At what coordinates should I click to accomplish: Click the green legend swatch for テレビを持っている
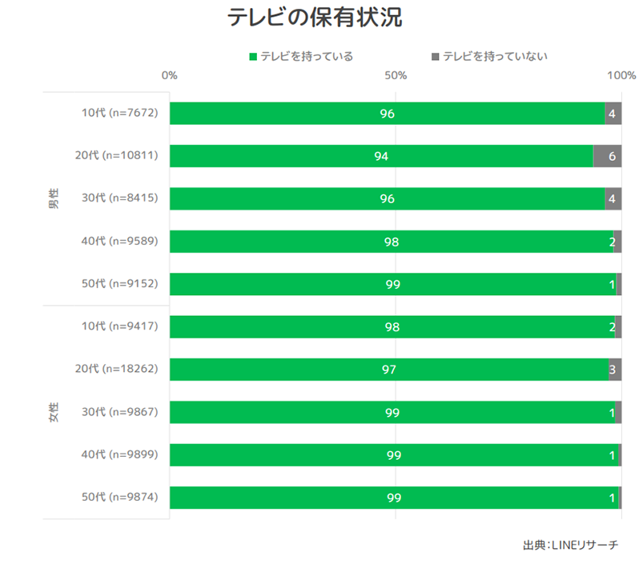click(254, 57)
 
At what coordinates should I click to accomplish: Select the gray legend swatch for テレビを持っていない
click(436, 57)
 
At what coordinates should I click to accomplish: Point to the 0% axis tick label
click(169, 76)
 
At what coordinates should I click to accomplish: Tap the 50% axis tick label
click(396, 76)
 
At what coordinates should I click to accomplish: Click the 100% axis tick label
click(621, 76)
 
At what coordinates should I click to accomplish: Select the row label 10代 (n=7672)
click(119, 113)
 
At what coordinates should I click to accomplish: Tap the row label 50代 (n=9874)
click(119, 497)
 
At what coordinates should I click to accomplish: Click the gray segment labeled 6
click(608, 156)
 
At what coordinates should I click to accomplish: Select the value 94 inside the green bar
click(381, 156)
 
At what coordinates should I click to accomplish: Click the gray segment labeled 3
click(614, 370)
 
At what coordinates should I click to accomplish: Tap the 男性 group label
click(54, 198)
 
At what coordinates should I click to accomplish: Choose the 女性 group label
click(54, 412)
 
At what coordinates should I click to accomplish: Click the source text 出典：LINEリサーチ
click(570, 545)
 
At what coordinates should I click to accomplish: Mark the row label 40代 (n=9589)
click(119, 241)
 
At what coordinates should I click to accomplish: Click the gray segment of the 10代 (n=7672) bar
click(613, 114)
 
